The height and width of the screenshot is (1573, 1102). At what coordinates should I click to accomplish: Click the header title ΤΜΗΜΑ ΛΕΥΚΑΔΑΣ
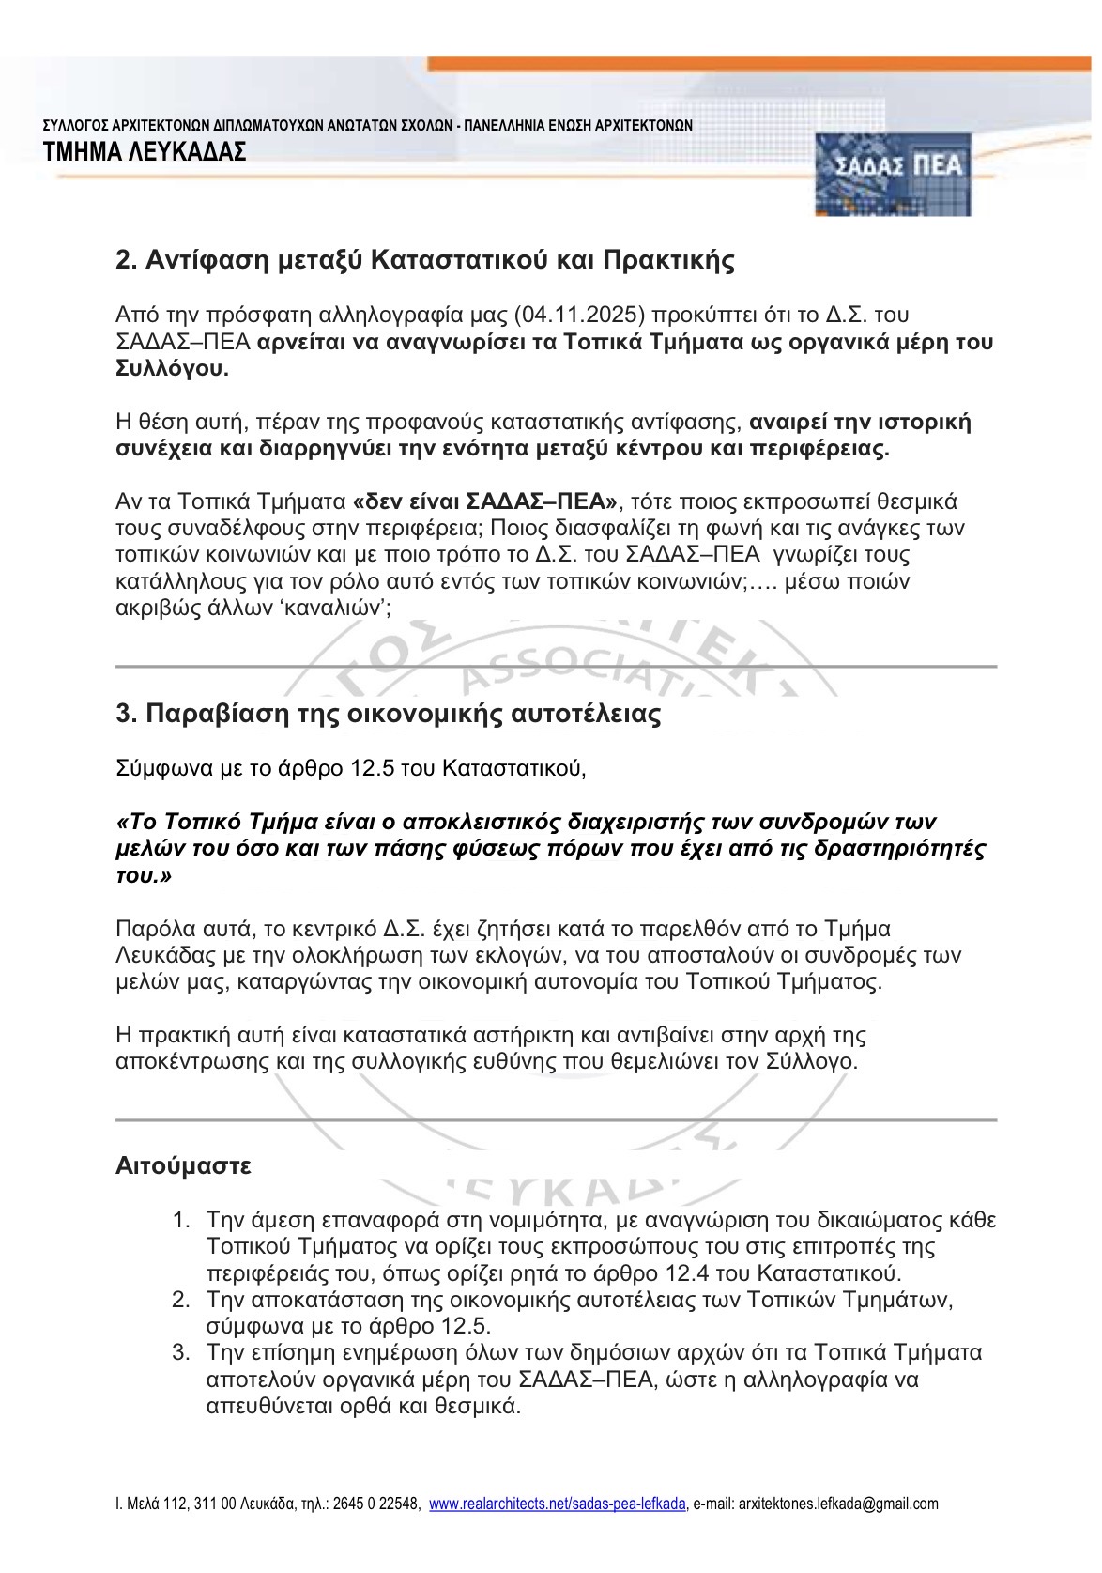pos(145,151)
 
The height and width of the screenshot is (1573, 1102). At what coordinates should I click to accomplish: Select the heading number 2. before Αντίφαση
pos(127,260)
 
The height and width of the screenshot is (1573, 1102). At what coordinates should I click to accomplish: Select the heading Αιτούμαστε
pos(183,1166)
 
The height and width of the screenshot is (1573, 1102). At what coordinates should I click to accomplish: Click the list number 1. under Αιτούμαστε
pos(181,1221)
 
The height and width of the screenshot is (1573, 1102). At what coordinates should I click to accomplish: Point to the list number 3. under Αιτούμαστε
pos(181,1353)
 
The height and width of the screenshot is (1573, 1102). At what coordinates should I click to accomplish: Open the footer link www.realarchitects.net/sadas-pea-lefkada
pos(558,1504)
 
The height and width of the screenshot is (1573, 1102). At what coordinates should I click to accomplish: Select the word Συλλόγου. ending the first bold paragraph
pos(171,369)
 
